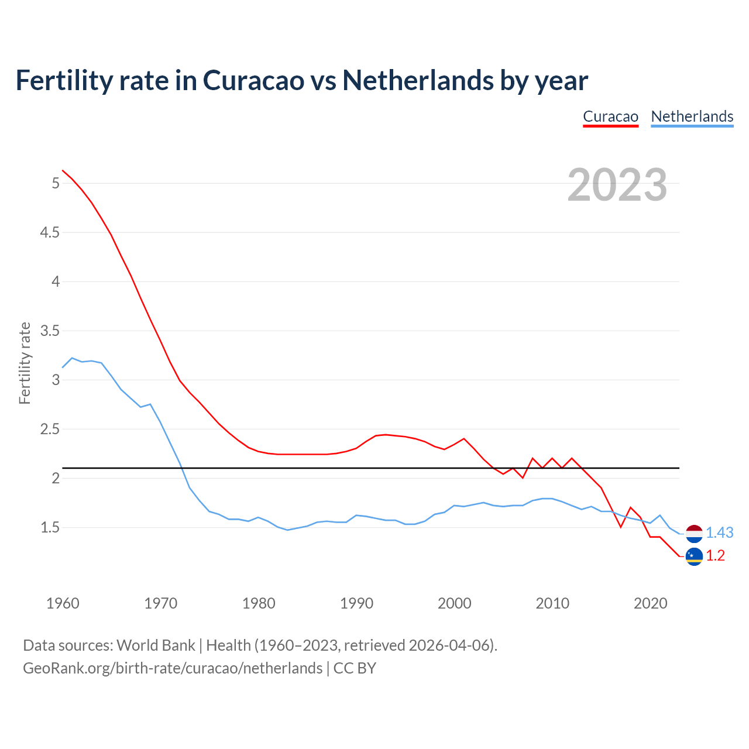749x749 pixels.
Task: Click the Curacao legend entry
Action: [610, 116]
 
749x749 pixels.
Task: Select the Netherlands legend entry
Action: [692, 116]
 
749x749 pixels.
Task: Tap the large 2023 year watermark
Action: [617, 185]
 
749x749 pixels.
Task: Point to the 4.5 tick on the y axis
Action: [50, 233]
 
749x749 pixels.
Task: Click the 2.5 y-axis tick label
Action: [50, 430]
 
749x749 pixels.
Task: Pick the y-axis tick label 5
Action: [56, 184]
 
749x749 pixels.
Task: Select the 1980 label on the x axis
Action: [259, 603]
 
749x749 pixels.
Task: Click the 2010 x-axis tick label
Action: [552, 603]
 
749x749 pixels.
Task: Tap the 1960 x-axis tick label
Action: [63, 603]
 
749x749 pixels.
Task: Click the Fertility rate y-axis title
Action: [25, 363]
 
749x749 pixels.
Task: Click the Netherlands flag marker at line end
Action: [694, 533]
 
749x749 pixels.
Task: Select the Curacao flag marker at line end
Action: [694, 556]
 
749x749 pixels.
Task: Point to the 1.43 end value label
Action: [719, 533]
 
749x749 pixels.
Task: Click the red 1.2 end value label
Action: [715, 556]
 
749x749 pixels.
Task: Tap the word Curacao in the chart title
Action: [253, 80]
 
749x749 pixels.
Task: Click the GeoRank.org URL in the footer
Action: [173, 668]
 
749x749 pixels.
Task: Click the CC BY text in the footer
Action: [355, 668]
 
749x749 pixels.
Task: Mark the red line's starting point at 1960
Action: [63, 170]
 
